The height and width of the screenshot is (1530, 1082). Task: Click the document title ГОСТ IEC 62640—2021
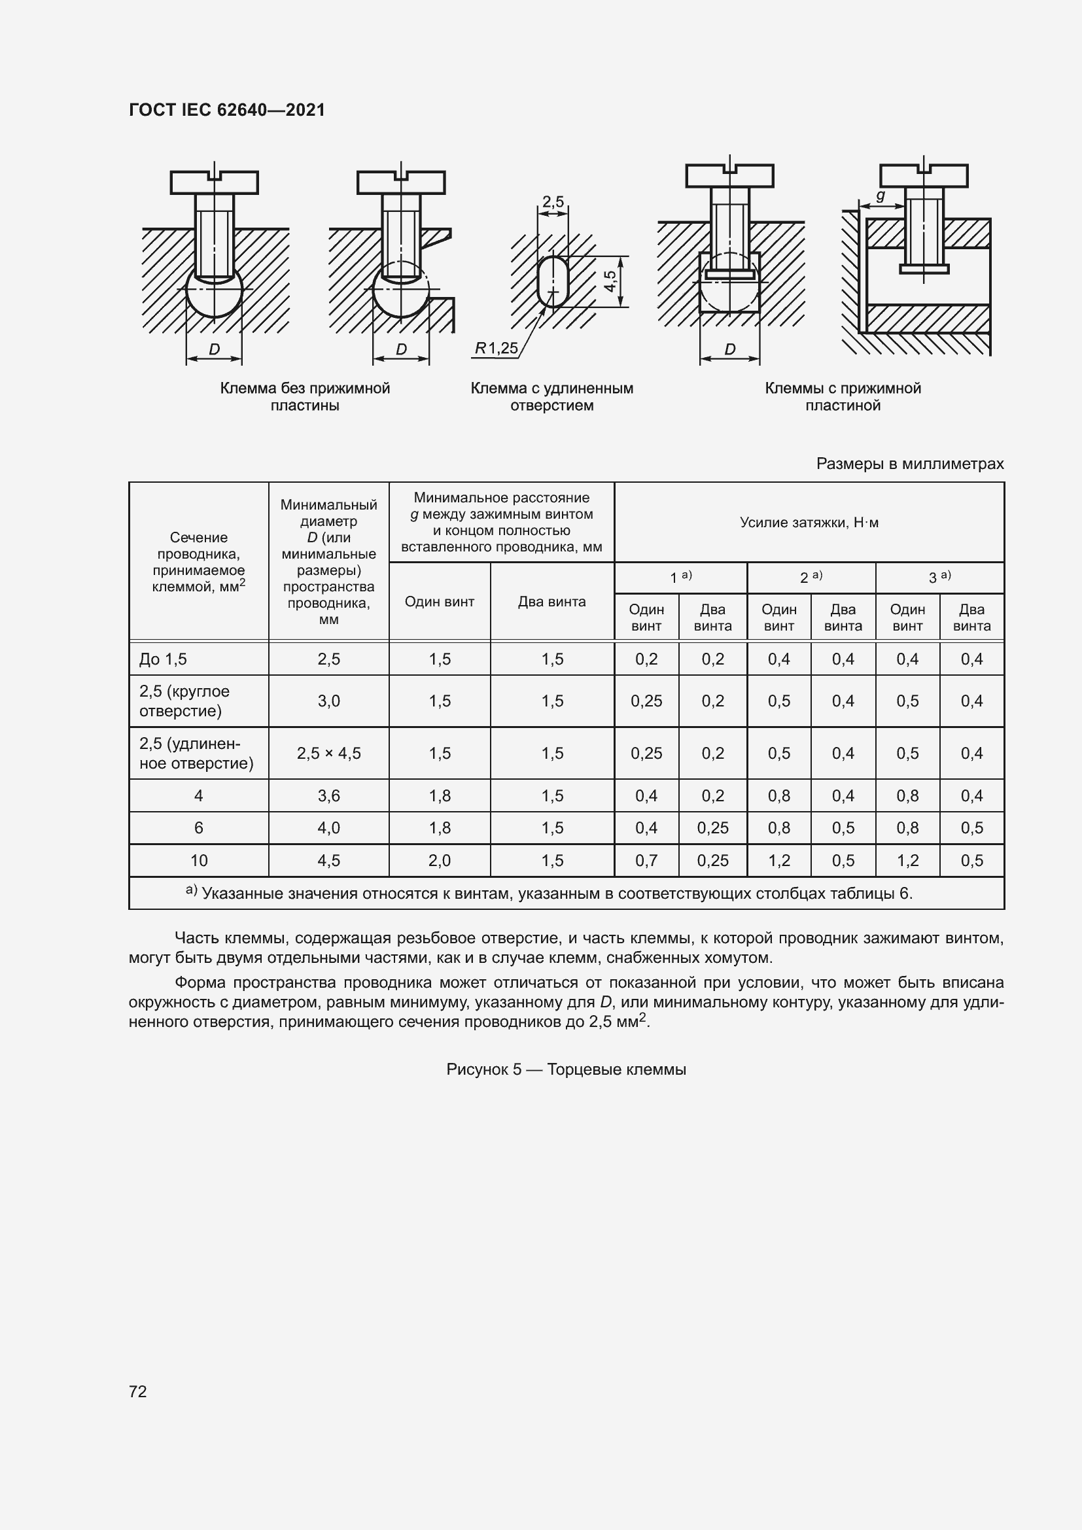click(226, 110)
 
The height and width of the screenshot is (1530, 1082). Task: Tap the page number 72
click(138, 1391)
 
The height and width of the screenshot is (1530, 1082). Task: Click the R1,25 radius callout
click(496, 348)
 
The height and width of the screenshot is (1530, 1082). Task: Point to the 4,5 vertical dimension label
click(610, 281)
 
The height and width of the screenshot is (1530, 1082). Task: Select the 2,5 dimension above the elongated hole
click(552, 201)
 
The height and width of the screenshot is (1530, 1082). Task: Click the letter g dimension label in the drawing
click(880, 196)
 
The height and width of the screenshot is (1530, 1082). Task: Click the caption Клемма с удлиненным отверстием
click(551, 396)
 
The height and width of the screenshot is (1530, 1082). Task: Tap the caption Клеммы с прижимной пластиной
click(842, 396)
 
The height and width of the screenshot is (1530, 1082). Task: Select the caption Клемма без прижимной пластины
click(304, 396)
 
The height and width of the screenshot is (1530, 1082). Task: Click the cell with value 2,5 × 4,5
click(328, 753)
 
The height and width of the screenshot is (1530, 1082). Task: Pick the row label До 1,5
click(164, 659)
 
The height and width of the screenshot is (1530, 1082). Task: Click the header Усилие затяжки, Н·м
click(809, 523)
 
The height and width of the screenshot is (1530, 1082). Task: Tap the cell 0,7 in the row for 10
click(646, 860)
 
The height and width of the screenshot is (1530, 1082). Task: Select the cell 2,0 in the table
click(440, 860)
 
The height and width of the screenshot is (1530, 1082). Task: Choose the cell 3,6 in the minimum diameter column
click(328, 795)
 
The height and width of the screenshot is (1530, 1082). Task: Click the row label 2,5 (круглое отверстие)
click(184, 701)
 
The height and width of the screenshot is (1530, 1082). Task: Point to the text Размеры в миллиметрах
click(909, 464)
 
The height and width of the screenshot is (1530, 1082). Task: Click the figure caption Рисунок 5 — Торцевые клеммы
click(566, 1069)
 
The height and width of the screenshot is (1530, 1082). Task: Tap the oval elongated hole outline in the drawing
click(552, 281)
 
